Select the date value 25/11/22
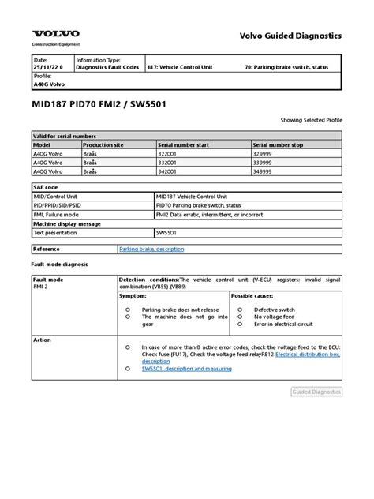(x=48, y=67)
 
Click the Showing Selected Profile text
(x=312, y=119)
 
